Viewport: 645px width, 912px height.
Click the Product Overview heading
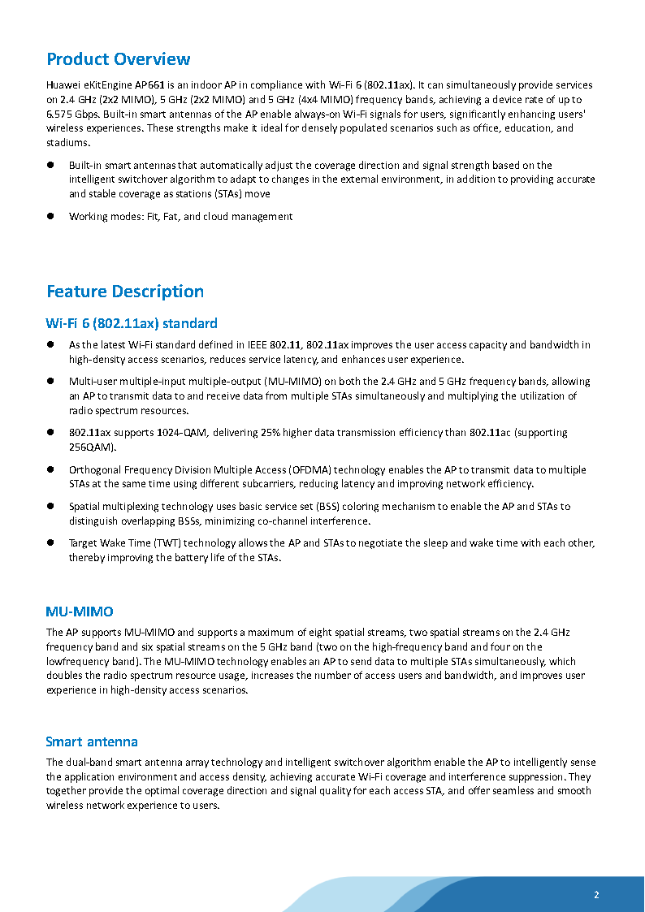click(118, 59)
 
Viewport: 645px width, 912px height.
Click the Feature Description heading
click(125, 292)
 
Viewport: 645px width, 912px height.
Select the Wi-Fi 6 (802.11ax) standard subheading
click(132, 323)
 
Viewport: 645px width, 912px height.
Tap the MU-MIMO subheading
click(80, 611)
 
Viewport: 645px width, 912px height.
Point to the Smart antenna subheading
click(92, 741)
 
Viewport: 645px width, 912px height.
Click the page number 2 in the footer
click(596, 895)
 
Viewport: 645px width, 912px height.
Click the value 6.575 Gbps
click(71, 114)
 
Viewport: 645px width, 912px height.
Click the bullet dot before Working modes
click(50, 216)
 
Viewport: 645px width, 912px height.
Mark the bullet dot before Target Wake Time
click(50, 542)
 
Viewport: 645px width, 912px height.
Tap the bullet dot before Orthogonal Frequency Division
click(50, 469)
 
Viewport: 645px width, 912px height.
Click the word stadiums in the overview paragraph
click(67, 143)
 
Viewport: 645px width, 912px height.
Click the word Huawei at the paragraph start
click(63, 85)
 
